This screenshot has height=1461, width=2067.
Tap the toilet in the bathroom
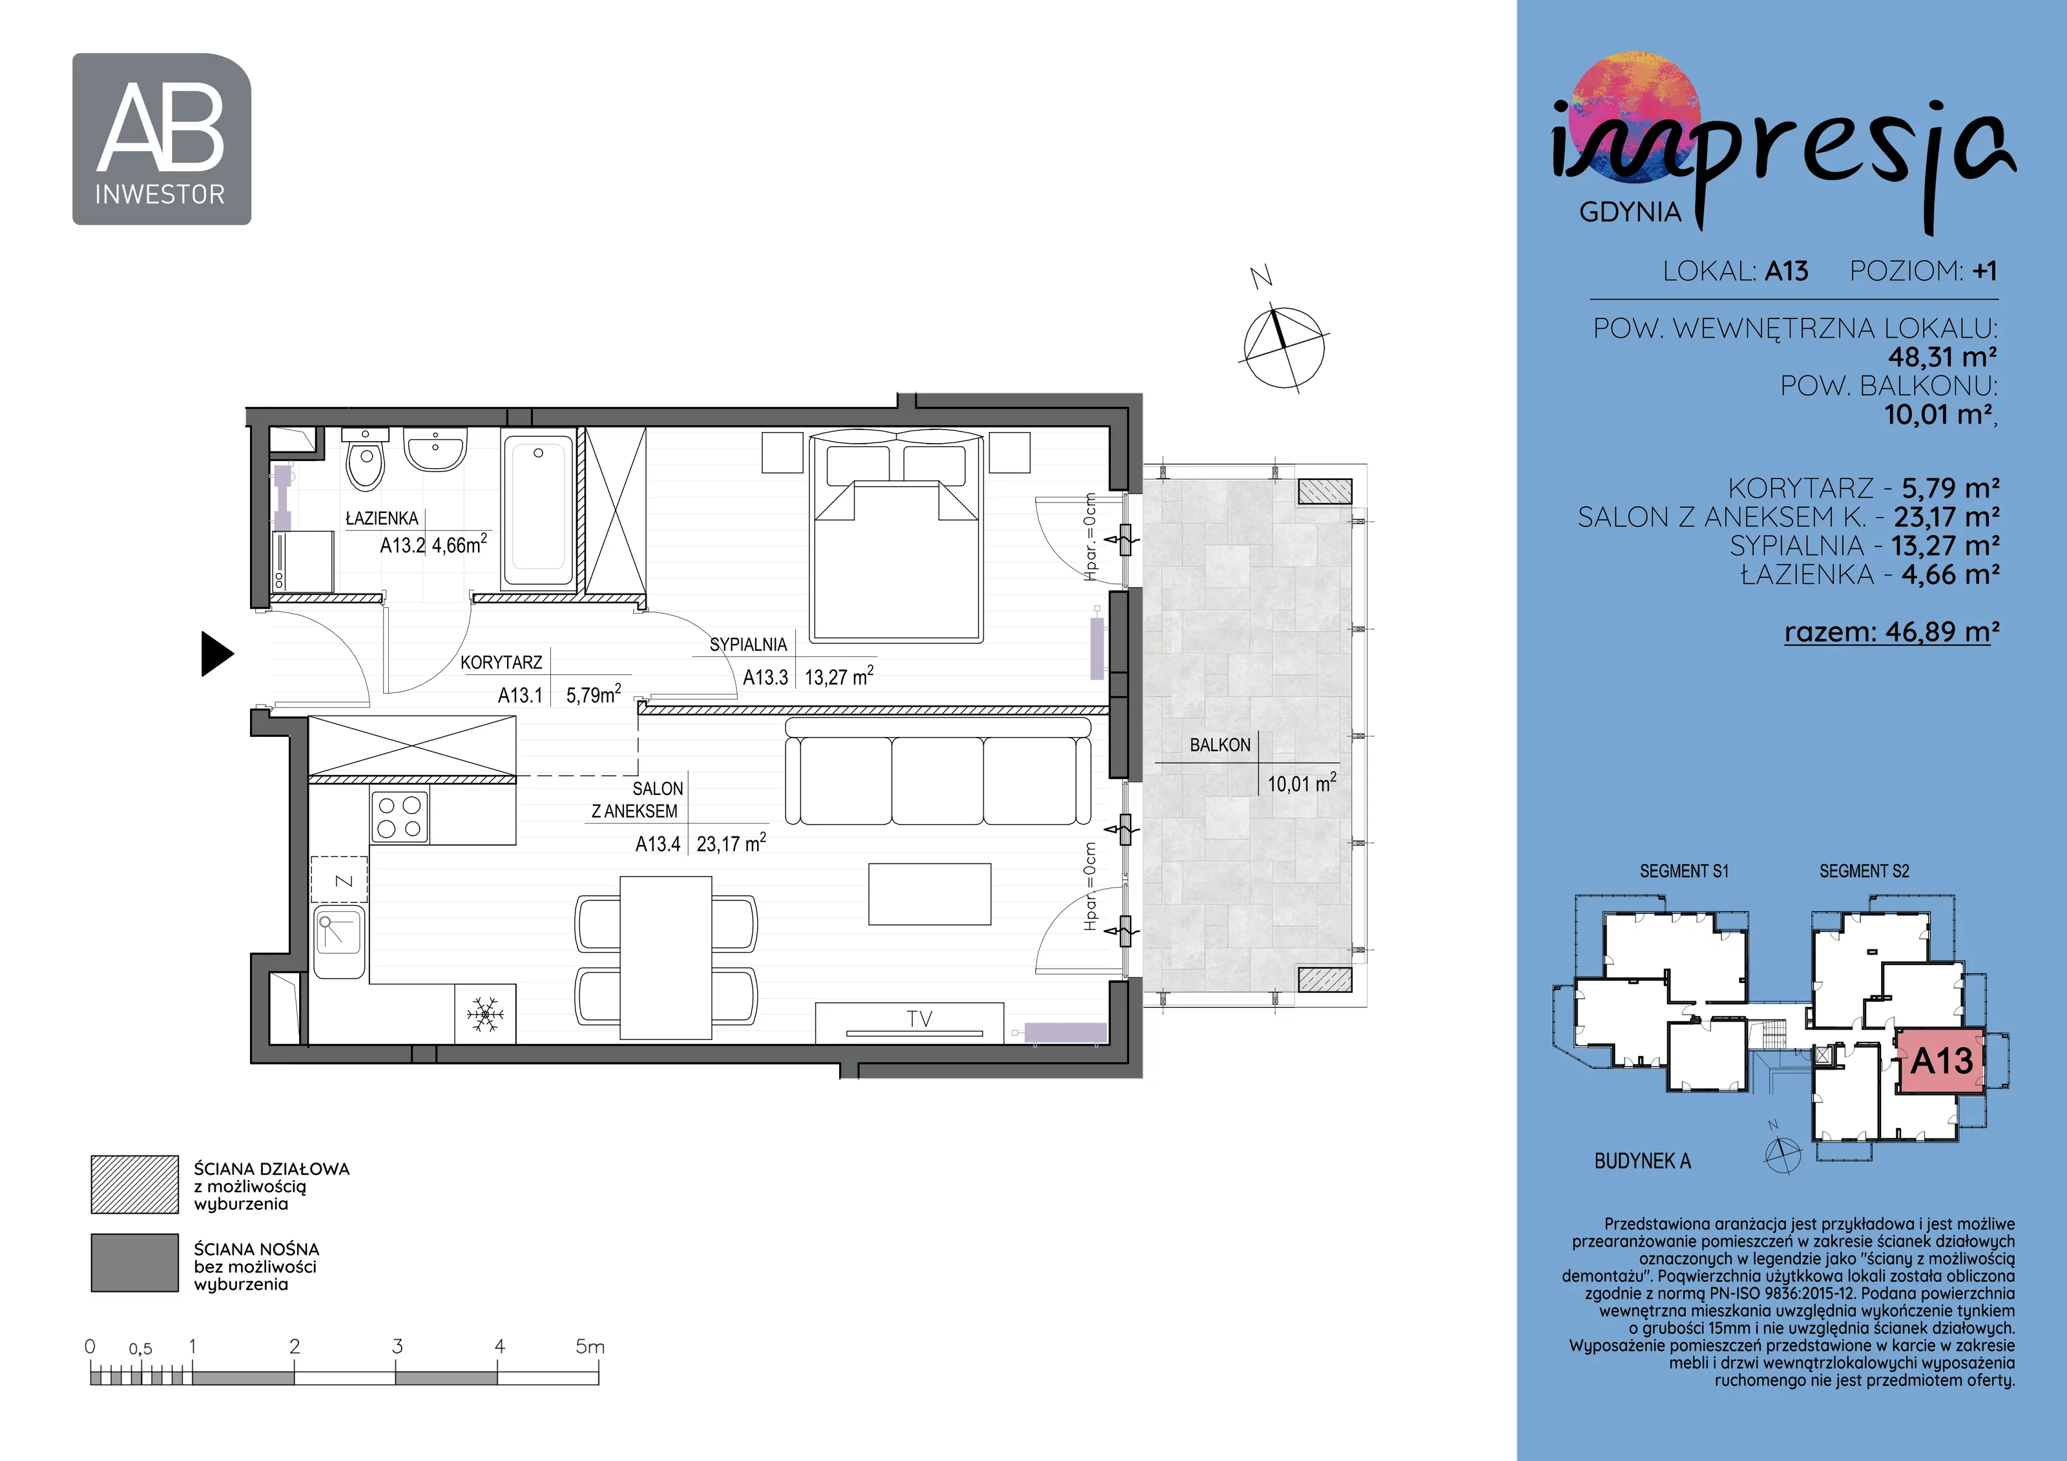click(366, 459)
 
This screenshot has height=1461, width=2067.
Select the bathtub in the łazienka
click(538, 512)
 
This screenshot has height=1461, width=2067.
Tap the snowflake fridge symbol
click(485, 1015)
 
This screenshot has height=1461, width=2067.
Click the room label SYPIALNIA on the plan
click(748, 645)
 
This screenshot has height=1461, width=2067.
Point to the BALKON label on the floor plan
click(1220, 745)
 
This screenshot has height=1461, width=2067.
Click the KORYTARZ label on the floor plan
click(501, 663)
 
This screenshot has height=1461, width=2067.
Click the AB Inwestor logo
click(162, 139)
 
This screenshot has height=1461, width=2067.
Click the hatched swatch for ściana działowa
click(135, 1185)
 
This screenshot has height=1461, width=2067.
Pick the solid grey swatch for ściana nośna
click(135, 1263)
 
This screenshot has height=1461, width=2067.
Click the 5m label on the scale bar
click(590, 1347)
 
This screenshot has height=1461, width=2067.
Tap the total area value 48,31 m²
click(1942, 357)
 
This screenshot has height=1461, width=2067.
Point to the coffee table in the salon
click(929, 894)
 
